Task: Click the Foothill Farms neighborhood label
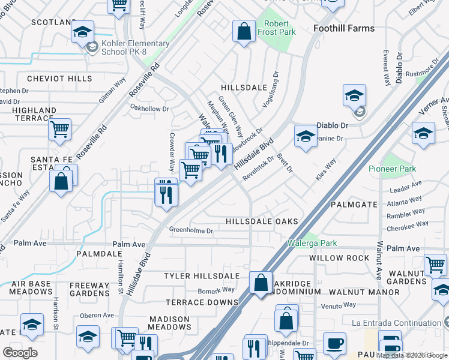(x=344, y=28)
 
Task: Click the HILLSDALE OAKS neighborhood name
(x=262, y=221)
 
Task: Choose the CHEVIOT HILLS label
(x=59, y=79)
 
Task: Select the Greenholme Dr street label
(x=191, y=230)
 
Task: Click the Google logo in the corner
(x=20, y=352)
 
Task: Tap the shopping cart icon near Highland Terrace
(x=59, y=129)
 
